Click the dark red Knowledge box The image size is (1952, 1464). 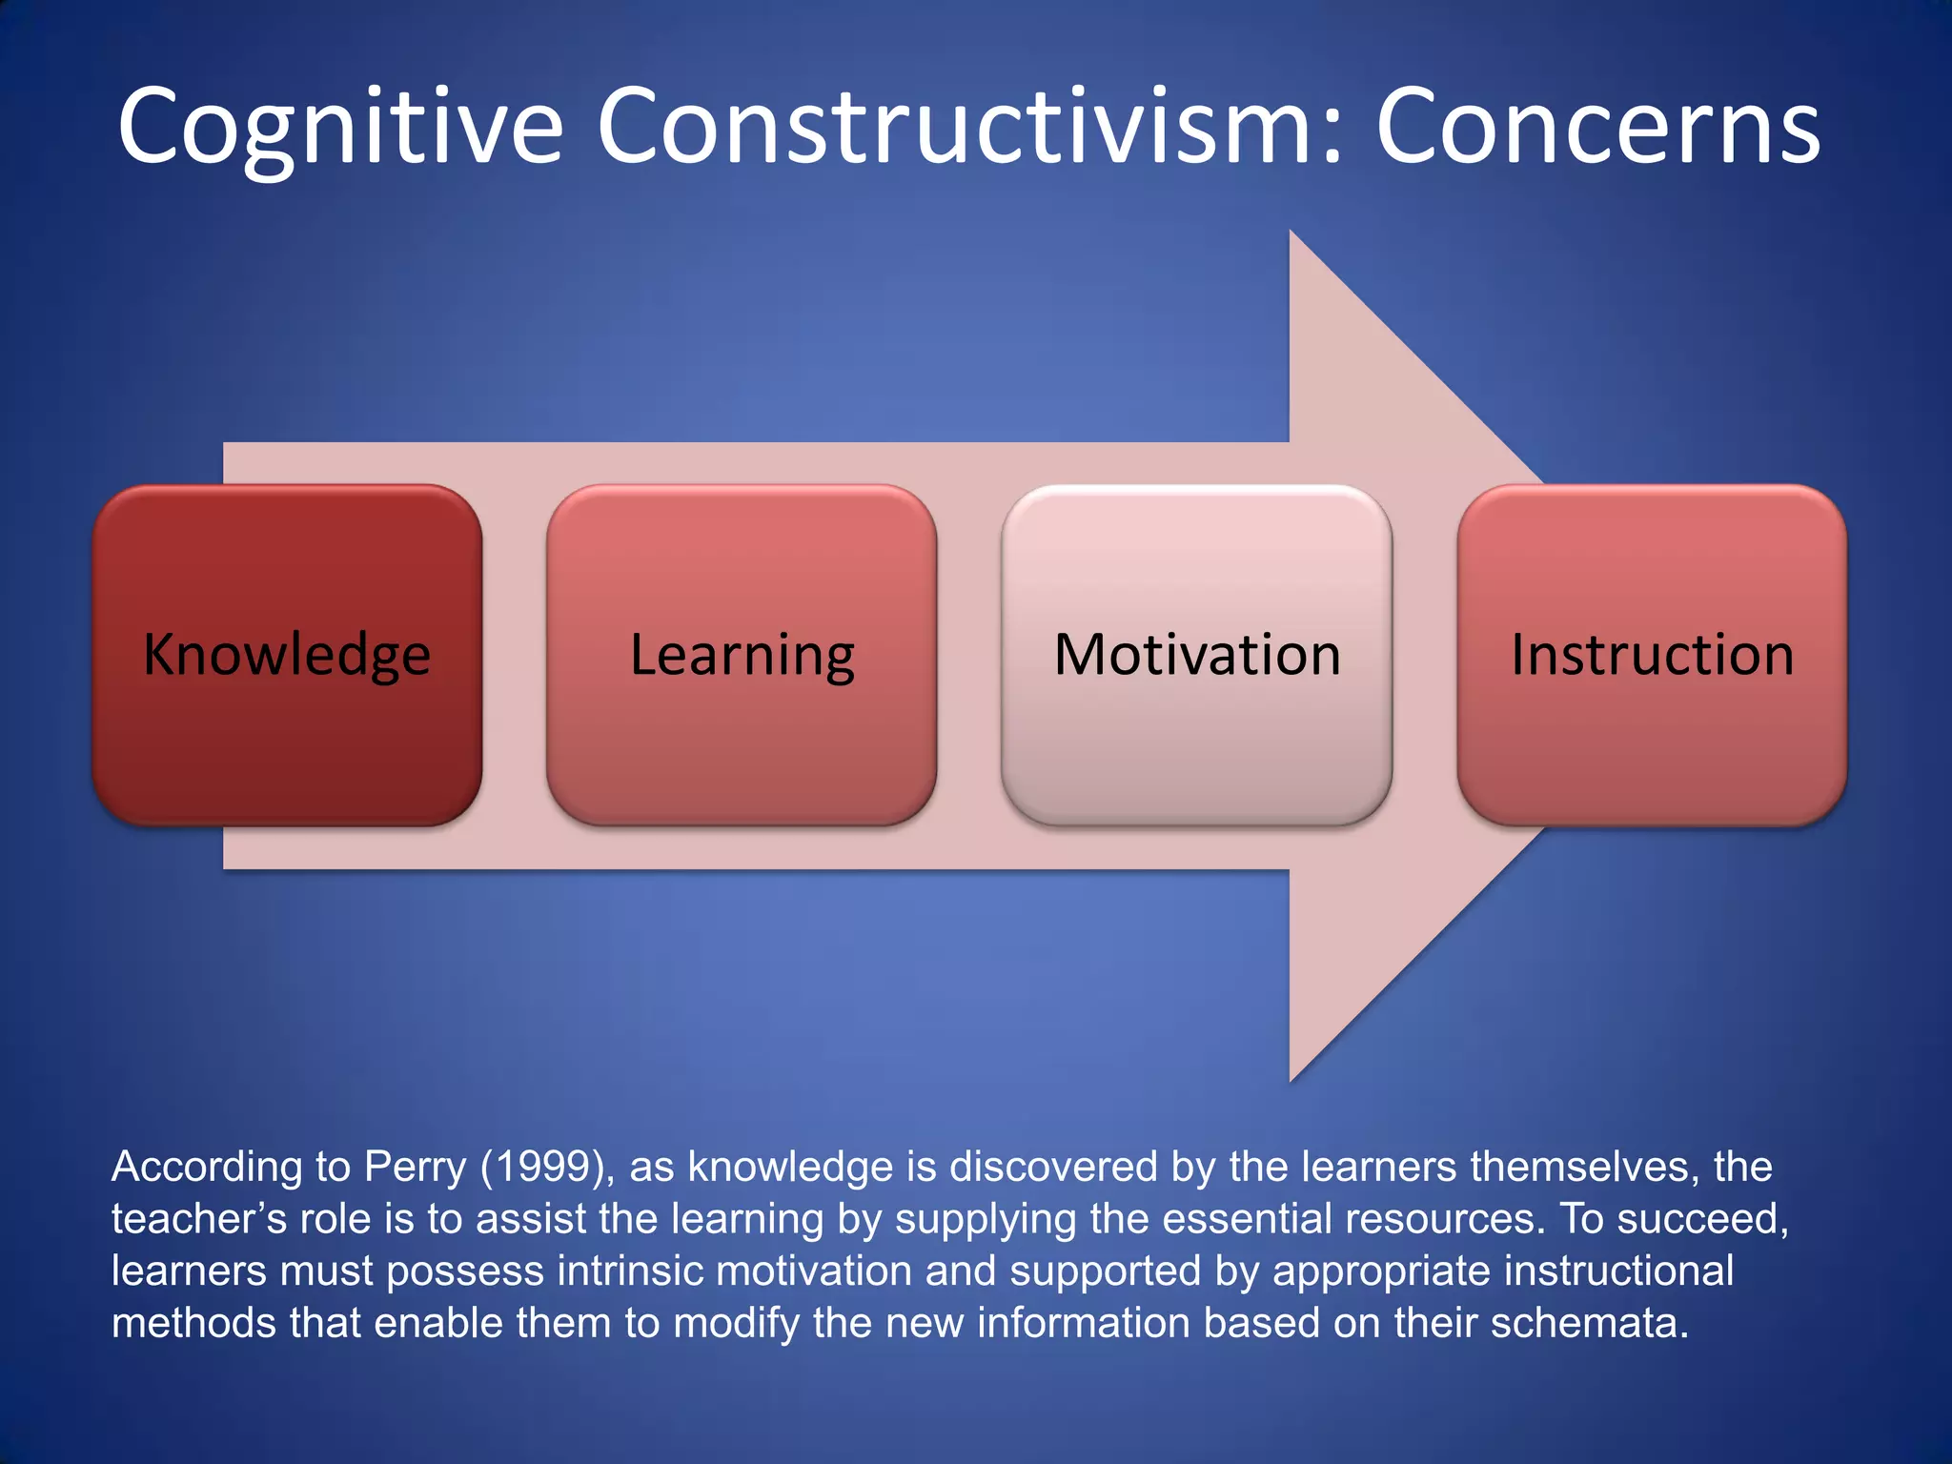(287, 655)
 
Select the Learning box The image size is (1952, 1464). (742, 655)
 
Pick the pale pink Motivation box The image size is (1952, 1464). (1197, 655)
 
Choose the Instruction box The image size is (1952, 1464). (1652, 655)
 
